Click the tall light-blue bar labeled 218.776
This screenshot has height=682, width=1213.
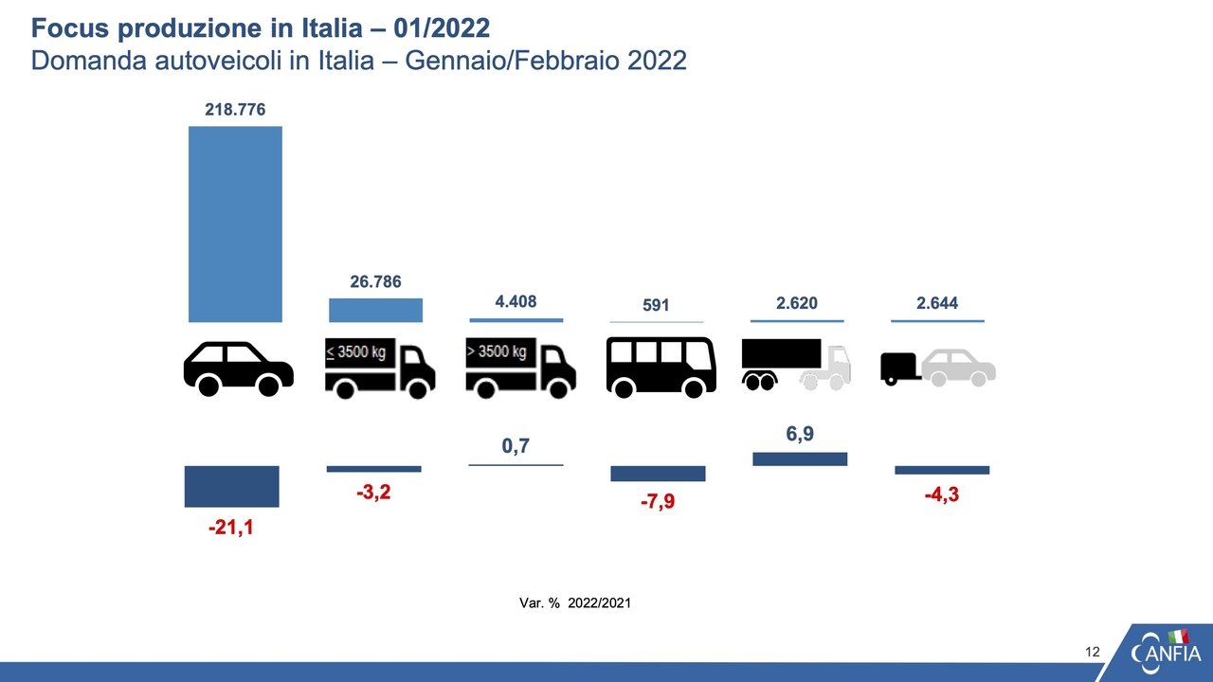click(235, 224)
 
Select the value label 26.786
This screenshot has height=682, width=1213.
click(375, 281)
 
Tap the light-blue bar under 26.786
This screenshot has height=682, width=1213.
click(375, 311)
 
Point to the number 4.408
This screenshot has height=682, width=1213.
click(516, 302)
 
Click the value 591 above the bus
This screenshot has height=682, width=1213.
click(656, 305)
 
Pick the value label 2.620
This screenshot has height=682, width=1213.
click(796, 303)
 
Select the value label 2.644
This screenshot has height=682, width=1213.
click(937, 303)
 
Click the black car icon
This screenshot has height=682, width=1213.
click(238, 368)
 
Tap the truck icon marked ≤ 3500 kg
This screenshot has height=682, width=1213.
click(379, 367)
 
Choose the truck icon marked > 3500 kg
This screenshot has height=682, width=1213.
click(520, 367)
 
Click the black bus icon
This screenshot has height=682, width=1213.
click(661, 367)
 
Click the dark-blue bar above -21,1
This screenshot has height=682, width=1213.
click(231, 486)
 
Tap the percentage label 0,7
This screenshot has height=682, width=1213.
click(515, 446)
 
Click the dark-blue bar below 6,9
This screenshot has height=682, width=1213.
click(799, 458)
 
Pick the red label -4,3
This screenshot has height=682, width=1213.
click(941, 494)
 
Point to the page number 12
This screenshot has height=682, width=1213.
click(1093, 652)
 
